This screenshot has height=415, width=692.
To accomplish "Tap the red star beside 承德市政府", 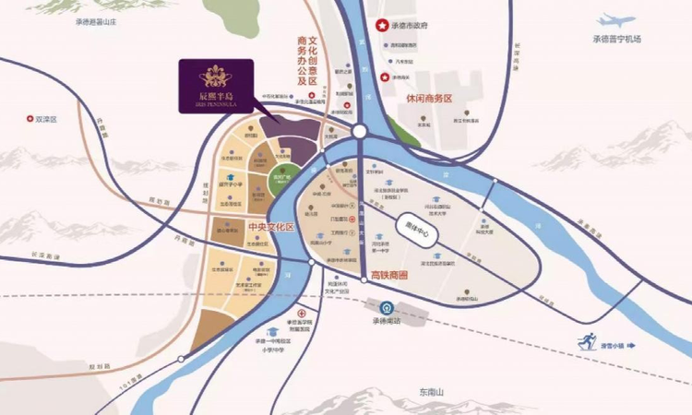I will pos(376,29).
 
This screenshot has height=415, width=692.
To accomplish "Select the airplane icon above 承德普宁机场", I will pos(616,20).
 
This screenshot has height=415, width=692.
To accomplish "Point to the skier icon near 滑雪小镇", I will pos(587,342).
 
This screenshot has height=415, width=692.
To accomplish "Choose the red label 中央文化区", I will pos(271,225).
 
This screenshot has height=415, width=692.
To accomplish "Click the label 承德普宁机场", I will pos(617,39).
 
